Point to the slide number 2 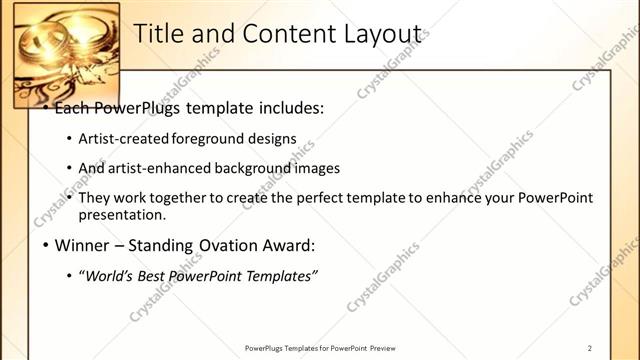pyautogui.click(x=590, y=348)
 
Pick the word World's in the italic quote pyautogui.click(x=114, y=275)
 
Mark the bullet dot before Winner pyautogui.click(x=44, y=245)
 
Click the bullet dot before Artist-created pyautogui.click(x=68, y=139)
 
